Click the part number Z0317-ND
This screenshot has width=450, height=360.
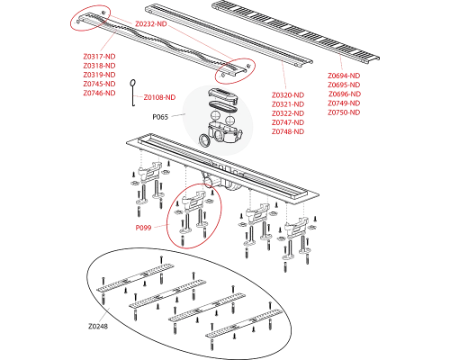[98, 57]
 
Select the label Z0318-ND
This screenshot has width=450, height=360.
[98, 66]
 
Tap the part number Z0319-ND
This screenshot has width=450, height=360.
[98, 75]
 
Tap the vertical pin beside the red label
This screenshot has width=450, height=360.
[132, 94]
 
